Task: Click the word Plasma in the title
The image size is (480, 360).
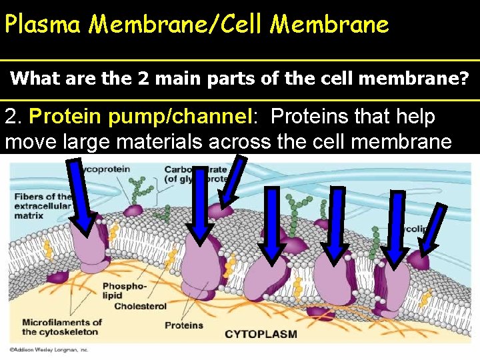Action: [43, 25]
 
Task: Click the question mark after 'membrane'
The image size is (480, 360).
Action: [463, 79]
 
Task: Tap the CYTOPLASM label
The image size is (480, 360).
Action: [261, 333]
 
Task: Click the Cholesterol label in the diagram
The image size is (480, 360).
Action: [140, 307]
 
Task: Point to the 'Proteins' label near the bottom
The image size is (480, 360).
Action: [184, 325]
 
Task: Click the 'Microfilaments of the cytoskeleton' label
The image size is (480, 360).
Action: [61, 327]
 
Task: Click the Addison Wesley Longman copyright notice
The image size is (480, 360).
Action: [49, 349]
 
